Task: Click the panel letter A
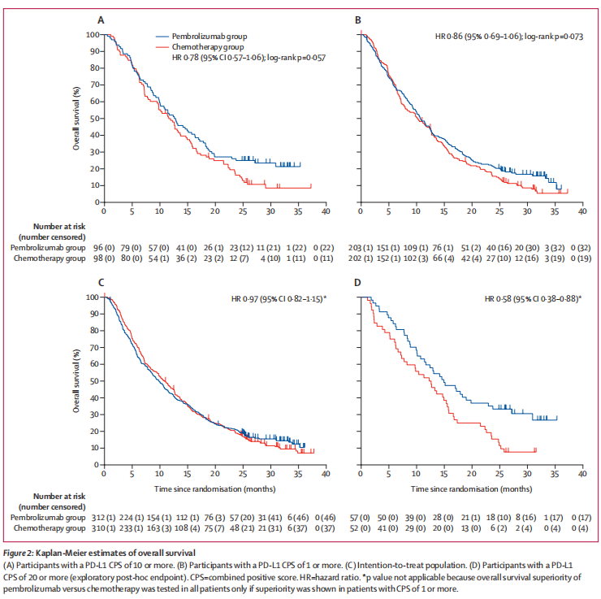point(101,19)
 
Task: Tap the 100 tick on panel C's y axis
point(91,297)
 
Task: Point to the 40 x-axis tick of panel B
point(582,211)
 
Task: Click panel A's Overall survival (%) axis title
point(77,117)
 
